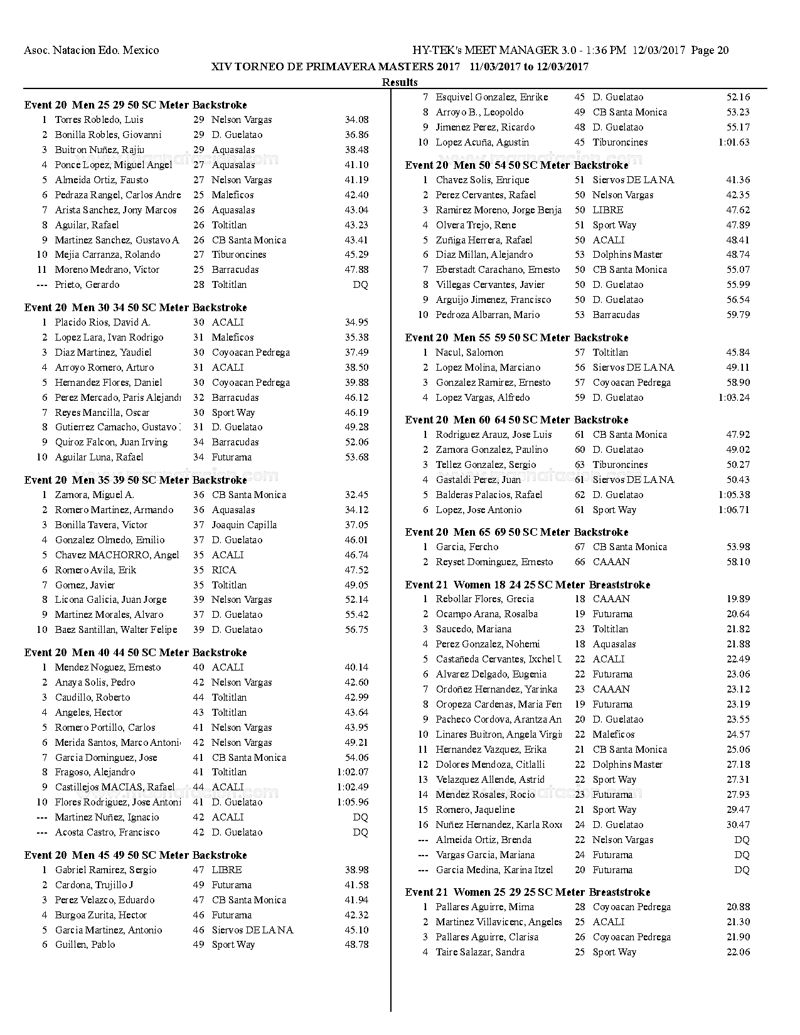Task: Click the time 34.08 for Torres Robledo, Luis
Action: [x=356, y=120]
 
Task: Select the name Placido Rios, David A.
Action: [x=102, y=322]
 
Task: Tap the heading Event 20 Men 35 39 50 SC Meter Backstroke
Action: [x=136, y=480]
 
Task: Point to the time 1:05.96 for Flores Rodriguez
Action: [x=353, y=802]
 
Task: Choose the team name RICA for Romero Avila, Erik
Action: [x=223, y=570]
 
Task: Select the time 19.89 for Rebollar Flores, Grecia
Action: [x=738, y=599]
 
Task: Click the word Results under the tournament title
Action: [x=400, y=82]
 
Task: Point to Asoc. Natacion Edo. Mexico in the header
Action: [x=91, y=50]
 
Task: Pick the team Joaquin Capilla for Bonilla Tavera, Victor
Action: [x=243, y=525]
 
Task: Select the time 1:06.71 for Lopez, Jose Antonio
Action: [x=733, y=510]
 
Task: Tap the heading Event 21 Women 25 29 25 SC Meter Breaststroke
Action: [x=527, y=892]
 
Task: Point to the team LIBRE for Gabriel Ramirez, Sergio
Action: [x=227, y=870]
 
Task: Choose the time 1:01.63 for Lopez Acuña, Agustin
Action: [x=733, y=142]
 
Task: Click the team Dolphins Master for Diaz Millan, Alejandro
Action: [x=627, y=255]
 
